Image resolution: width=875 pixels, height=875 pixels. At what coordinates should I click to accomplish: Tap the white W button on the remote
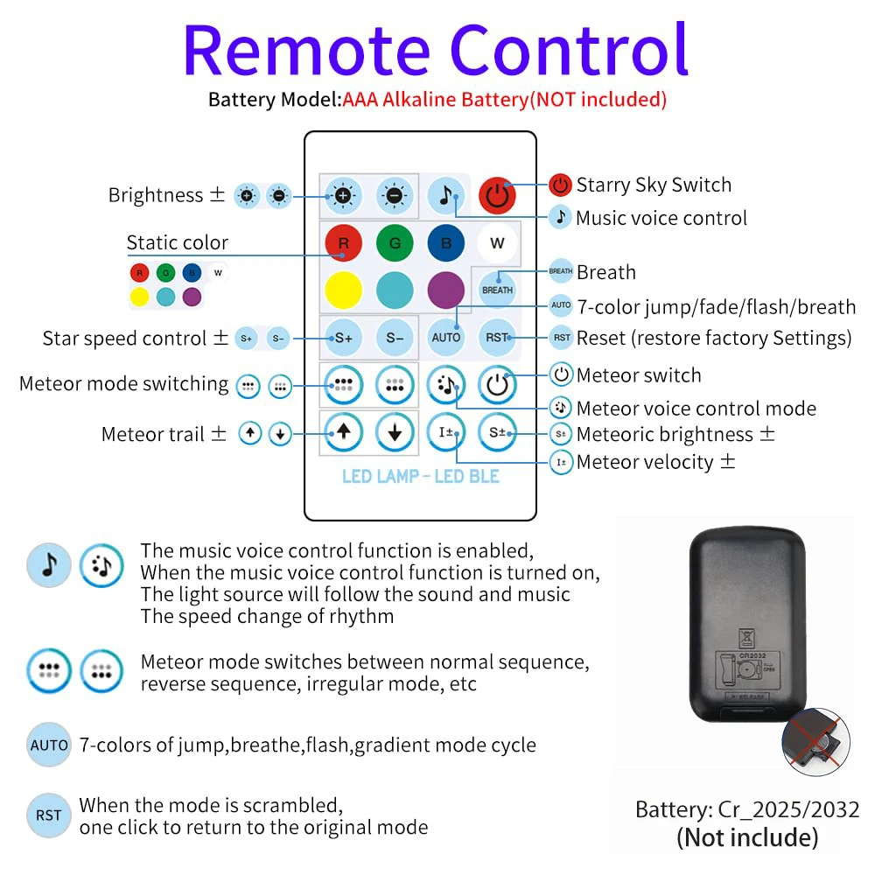tap(497, 242)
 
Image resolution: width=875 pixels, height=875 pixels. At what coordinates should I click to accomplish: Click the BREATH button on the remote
tap(497, 290)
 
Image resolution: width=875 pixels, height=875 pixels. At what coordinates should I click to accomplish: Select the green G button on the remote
tap(395, 242)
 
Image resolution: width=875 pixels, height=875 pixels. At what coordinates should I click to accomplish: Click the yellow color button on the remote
tap(343, 290)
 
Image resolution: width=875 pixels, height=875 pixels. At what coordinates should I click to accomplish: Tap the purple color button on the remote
tap(446, 290)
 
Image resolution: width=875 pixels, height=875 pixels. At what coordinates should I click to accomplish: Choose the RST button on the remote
tap(497, 338)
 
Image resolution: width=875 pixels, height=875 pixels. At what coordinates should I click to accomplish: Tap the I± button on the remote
tap(446, 432)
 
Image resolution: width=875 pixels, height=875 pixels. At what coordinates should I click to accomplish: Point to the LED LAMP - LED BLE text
tap(421, 476)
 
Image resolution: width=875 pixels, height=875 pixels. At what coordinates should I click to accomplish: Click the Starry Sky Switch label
tap(654, 185)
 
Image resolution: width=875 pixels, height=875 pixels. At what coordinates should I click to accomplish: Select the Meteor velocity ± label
tap(655, 462)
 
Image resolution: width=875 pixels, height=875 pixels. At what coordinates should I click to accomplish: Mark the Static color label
tap(178, 242)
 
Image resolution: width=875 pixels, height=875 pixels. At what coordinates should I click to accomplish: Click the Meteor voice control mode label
tap(696, 409)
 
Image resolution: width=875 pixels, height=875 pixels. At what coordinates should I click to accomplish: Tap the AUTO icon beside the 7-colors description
tap(49, 745)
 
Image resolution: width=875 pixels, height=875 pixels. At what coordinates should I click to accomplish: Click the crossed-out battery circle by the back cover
tap(815, 742)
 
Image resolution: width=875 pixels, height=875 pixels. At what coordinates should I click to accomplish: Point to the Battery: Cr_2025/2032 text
tap(747, 809)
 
